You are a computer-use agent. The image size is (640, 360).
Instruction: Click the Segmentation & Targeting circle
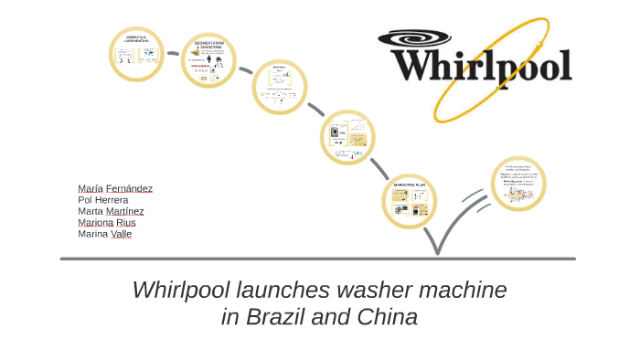(x=208, y=61)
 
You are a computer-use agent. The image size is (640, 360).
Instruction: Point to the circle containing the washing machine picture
(x=347, y=137)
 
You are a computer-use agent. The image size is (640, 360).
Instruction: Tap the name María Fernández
(x=115, y=188)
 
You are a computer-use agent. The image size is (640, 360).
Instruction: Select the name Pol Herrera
(x=103, y=200)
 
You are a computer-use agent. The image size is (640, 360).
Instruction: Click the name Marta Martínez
(x=111, y=211)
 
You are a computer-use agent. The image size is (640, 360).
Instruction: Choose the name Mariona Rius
(x=107, y=222)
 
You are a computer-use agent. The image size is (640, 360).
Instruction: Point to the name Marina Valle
(x=105, y=234)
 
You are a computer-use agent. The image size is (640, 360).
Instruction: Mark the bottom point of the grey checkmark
(x=437, y=252)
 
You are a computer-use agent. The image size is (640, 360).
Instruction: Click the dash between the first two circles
(x=173, y=54)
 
